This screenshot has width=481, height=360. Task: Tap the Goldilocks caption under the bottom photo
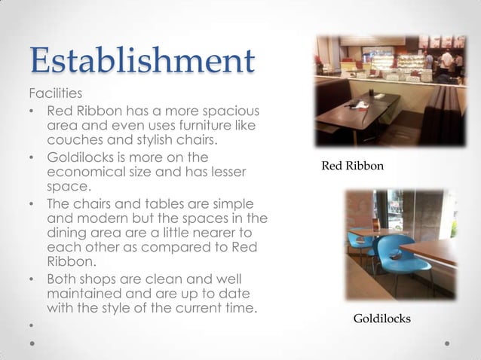click(x=382, y=319)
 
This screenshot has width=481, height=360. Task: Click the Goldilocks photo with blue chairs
click(x=400, y=244)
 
